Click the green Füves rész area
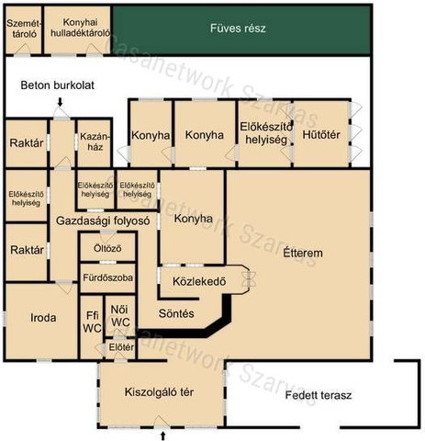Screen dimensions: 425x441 click(x=242, y=30)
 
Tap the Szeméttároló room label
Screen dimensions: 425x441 click(x=24, y=28)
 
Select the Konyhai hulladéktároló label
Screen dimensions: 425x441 click(x=80, y=28)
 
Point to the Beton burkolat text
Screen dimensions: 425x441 click(x=58, y=85)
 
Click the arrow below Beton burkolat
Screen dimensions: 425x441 click(x=61, y=102)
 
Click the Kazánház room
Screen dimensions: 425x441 click(x=95, y=143)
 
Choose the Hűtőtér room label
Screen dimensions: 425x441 click(x=321, y=135)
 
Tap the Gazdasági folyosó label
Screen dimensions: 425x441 click(x=103, y=220)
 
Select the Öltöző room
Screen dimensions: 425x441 click(x=107, y=247)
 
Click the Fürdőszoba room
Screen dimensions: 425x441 click(x=107, y=277)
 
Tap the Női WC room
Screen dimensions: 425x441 click(x=120, y=316)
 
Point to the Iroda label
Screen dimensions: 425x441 click(x=43, y=318)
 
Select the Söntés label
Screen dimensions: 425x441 click(x=176, y=313)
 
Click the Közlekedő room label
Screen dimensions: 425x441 click(x=199, y=281)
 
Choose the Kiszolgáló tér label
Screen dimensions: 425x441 click(x=159, y=392)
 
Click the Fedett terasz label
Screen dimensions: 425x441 click(x=319, y=395)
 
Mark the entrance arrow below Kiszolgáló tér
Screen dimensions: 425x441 click(x=162, y=435)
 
